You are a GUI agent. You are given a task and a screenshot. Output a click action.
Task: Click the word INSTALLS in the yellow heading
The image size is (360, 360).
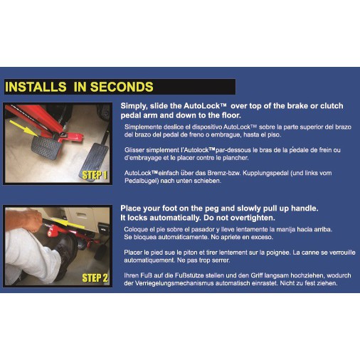pos(36,87)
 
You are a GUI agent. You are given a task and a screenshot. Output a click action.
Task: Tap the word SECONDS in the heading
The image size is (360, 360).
pos(122,87)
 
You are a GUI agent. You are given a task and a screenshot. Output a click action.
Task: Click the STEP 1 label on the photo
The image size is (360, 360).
pos(95,176)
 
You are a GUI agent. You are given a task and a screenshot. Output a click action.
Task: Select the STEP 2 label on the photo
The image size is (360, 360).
pos(95,277)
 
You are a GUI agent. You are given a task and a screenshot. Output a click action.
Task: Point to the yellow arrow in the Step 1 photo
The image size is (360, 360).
pos(23,128)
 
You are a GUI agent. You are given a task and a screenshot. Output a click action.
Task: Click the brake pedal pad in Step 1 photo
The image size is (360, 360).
pos(46,147)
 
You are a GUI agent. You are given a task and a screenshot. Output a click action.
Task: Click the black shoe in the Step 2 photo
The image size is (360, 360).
pos(65,251)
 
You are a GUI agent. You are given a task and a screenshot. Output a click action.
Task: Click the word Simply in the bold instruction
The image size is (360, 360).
pos(134,106)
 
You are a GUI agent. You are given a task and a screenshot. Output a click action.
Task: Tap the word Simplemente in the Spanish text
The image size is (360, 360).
pos(143,127)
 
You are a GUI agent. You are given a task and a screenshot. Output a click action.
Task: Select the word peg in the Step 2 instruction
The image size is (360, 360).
pos(213,208)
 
